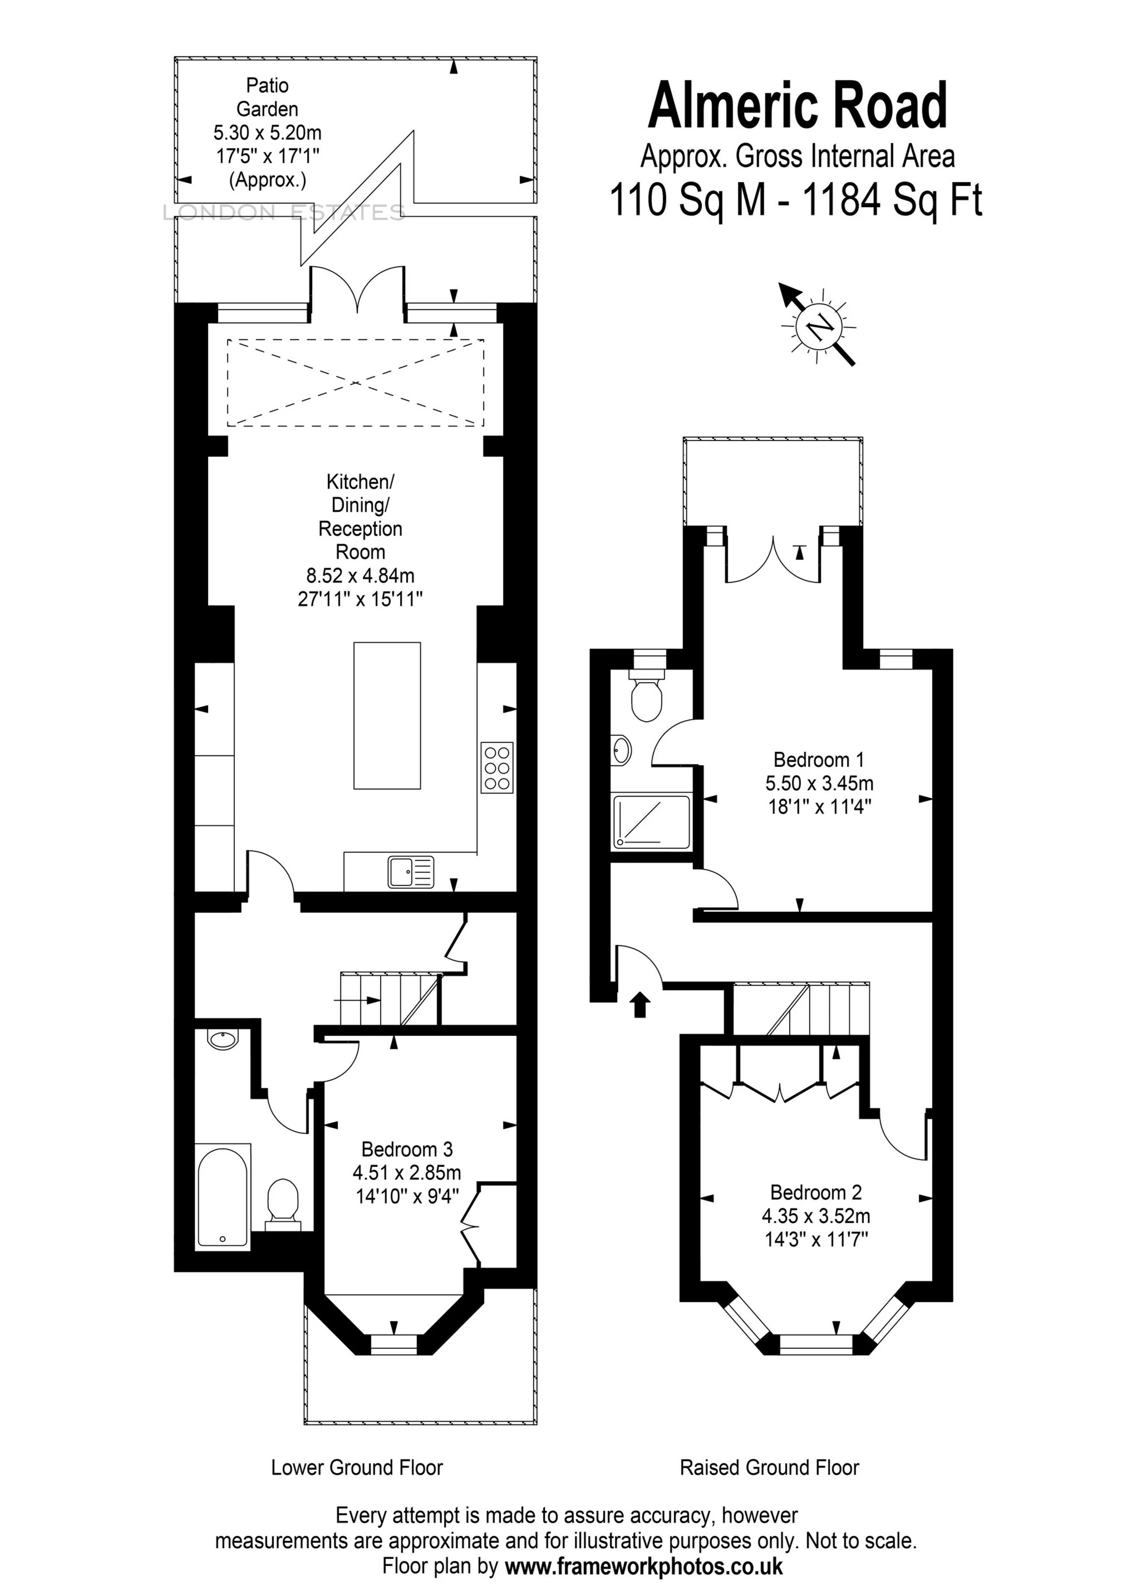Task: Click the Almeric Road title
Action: click(x=797, y=106)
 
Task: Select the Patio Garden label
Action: click(x=267, y=97)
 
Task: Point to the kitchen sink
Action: click(x=411, y=871)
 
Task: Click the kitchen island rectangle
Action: click(x=387, y=716)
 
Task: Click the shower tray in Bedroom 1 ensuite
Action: click(x=651, y=823)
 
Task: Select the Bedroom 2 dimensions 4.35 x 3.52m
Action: click(x=816, y=1216)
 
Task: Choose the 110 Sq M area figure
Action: click(x=687, y=200)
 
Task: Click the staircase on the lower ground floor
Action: click(x=390, y=999)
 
